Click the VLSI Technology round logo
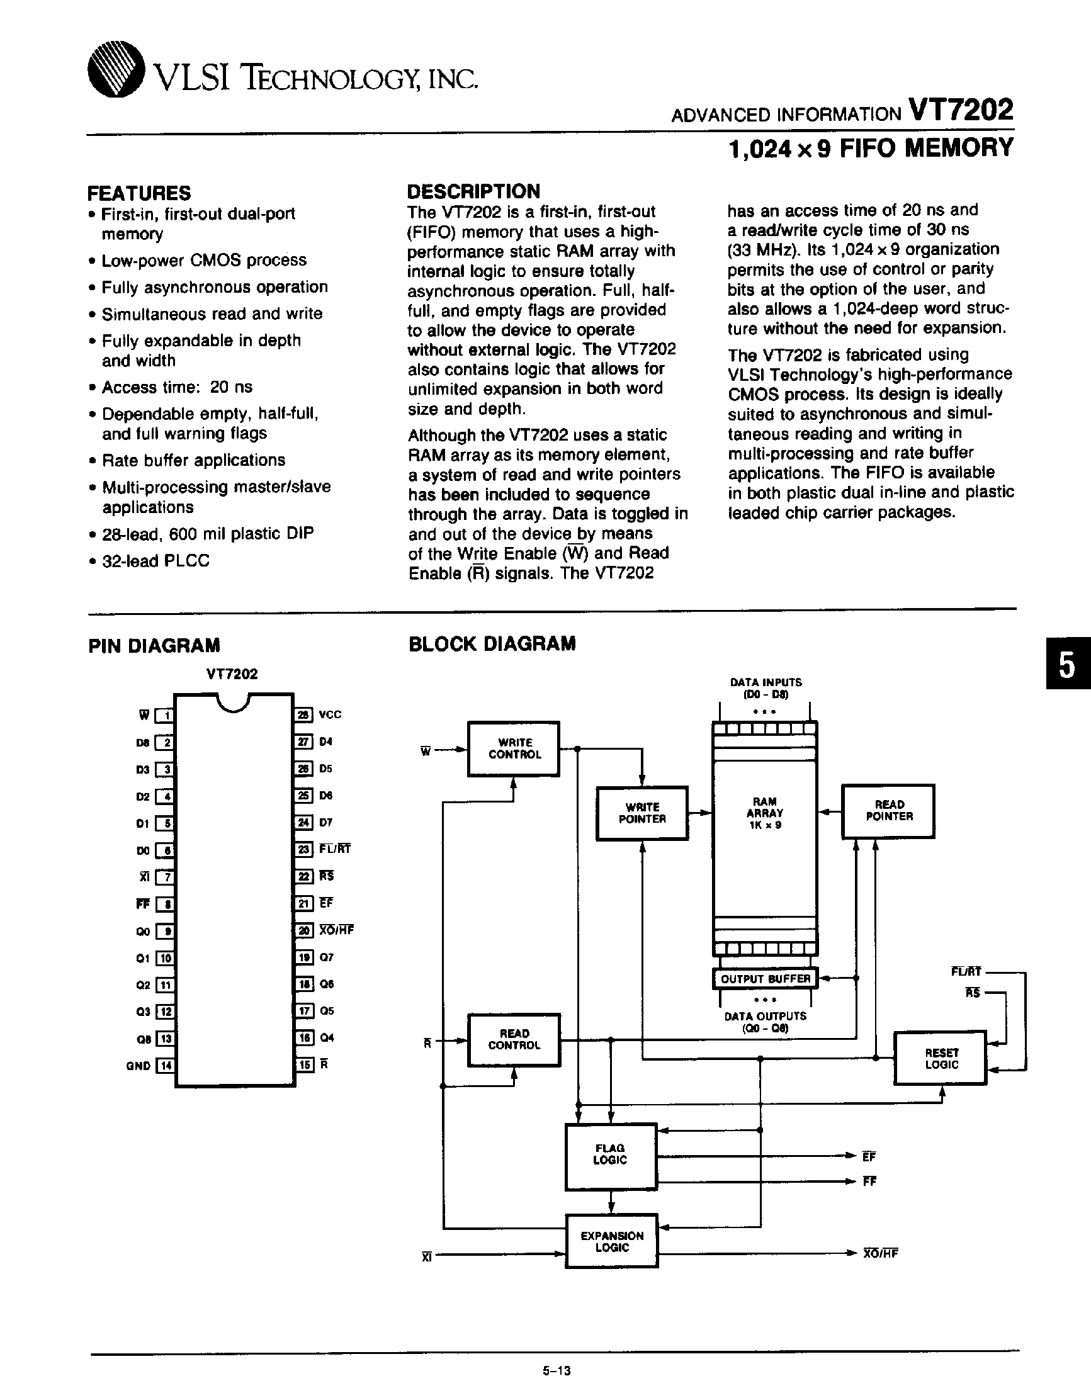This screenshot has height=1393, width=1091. pos(116,69)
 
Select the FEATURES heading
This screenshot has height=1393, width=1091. pos(138,193)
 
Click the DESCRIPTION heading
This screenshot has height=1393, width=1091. pos(473,191)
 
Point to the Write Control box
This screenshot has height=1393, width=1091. pos(514,748)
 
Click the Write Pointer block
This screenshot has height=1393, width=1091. pos(642,813)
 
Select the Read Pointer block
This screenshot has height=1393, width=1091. pos(888,811)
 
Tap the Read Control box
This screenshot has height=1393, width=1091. pos(514,1039)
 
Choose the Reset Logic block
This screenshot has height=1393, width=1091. pos(941,1058)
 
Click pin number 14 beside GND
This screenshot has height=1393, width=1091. pos(166,1065)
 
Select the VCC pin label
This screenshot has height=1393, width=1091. pos(330,714)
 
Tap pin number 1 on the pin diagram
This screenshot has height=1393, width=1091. pos(166,715)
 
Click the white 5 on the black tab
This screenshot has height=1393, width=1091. pos(1066,666)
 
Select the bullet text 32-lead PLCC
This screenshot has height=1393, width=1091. pos(155,561)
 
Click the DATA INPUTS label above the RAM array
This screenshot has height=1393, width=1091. pos(766,682)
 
